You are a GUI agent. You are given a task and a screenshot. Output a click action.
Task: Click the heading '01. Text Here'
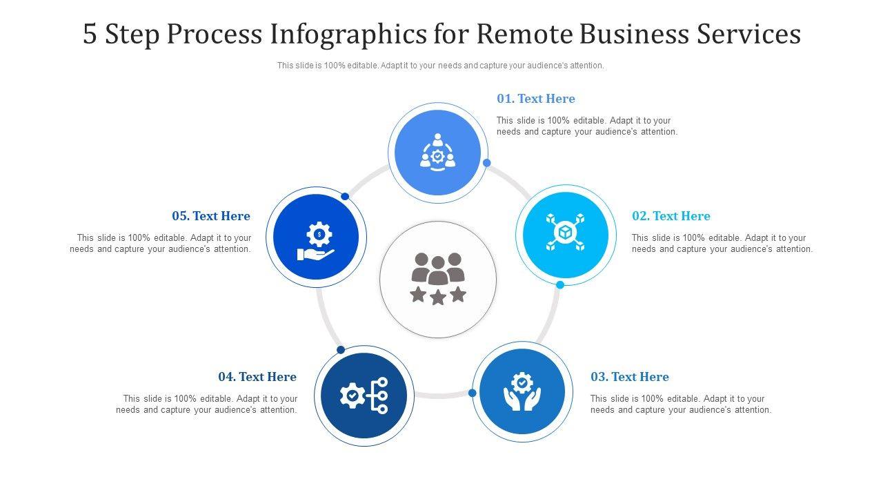point(535,99)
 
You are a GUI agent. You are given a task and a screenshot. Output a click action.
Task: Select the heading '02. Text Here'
point(671,216)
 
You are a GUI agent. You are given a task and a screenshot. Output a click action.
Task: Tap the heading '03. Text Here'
point(629,377)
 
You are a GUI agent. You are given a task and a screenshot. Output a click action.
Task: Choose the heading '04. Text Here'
point(257,377)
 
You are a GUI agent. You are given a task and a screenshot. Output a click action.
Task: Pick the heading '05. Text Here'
point(211,216)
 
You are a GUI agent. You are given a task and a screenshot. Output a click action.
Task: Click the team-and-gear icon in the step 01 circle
point(437,153)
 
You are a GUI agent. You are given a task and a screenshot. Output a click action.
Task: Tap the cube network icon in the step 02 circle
point(566,232)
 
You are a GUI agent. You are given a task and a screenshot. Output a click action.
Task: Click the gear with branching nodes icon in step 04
point(364,396)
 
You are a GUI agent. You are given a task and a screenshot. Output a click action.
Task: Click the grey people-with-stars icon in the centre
point(438,279)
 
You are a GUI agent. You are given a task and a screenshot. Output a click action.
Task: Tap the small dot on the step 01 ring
point(487,163)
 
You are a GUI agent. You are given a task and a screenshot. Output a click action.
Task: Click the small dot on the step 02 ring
point(560,284)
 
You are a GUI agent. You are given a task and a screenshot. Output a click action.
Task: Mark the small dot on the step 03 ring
point(473,393)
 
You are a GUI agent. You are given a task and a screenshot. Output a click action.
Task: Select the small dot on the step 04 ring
point(341,350)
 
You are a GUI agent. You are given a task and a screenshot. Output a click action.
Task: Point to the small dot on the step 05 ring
point(345,197)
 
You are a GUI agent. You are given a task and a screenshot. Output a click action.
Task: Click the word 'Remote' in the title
point(522,34)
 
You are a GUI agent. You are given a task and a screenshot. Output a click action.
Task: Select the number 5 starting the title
point(90,34)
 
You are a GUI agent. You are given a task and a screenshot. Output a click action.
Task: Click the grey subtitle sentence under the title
point(441,66)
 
